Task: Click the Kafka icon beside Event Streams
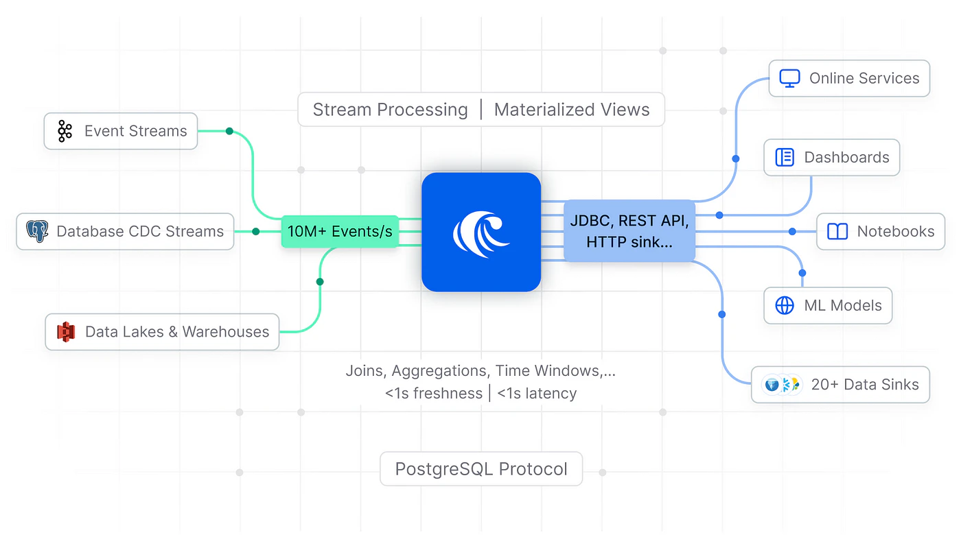(65, 131)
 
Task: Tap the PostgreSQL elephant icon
(37, 231)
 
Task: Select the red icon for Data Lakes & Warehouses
(66, 332)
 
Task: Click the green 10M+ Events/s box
(340, 232)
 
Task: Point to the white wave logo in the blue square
(480, 232)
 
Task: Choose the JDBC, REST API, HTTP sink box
(629, 231)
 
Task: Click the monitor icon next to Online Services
(789, 78)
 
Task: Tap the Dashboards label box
(831, 157)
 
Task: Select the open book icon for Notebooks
(837, 232)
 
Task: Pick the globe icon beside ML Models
(784, 306)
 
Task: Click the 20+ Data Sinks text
(865, 385)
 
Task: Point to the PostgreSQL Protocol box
(481, 469)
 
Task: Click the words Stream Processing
(390, 110)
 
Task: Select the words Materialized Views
(572, 110)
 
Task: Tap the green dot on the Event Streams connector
(229, 131)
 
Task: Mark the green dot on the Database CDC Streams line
(256, 232)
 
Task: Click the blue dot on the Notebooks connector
(792, 232)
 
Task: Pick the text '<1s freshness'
(433, 394)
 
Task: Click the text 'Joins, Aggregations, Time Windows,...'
(480, 371)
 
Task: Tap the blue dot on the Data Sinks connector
(721, 314)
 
